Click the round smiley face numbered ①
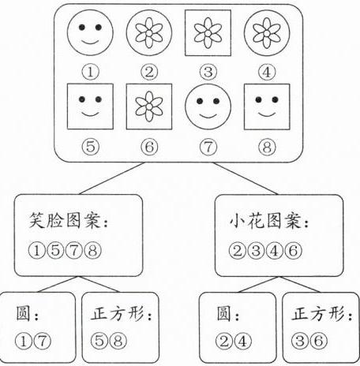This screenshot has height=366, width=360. (x=90, y=33)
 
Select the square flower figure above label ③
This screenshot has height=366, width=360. (x=208, y=33)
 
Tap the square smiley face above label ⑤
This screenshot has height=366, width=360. (x=90, y=106)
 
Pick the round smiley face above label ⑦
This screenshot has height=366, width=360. (x=208, y=106)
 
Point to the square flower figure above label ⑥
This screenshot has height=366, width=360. (x=149, y=106)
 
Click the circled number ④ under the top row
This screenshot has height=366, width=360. (x=267, y=72)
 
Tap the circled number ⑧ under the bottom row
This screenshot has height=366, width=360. (x=267, y=147)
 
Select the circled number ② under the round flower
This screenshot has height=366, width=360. (x=149, y=72)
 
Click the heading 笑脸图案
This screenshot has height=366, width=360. (x=65, y=220)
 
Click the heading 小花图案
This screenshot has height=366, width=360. (x=265, y=220)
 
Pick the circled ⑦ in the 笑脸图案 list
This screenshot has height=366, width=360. (x=74, y=250)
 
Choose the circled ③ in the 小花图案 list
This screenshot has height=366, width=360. (x=256, y=251)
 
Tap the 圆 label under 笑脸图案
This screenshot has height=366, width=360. (x=23, y=313)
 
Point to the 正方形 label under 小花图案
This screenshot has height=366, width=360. (x=318, y=314)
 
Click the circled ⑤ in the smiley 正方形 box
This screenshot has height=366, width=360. (x=99, y=341)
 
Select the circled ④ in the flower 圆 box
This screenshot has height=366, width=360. (x=243, y=341)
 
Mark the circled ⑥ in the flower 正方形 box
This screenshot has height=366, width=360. (x=319, y=341)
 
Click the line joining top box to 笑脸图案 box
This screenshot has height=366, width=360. (x=112, y=178)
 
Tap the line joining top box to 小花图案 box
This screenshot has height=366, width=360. (x=246, y=178)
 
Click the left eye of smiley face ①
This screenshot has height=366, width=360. (x=82, y=27)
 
